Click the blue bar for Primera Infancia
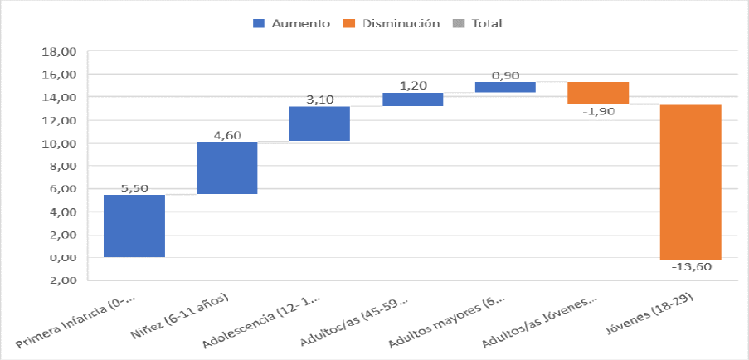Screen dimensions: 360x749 click(x=134, y=226)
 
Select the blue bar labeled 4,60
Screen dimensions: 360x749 click(x=226, y=168)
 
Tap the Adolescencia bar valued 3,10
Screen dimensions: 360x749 click(x=319, y=124)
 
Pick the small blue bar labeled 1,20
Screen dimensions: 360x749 click(x=412, y=100)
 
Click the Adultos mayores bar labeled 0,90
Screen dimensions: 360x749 click(x=505, y=87)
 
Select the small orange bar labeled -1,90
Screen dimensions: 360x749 click(x=598, y=93)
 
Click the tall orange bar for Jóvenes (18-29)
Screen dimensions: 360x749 click(x=691, y=182)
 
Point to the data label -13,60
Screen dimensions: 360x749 click(x=691, y=267)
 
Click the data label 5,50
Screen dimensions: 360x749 click(x=134, y=188)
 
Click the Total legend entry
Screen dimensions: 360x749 click(x=486, y=24)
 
